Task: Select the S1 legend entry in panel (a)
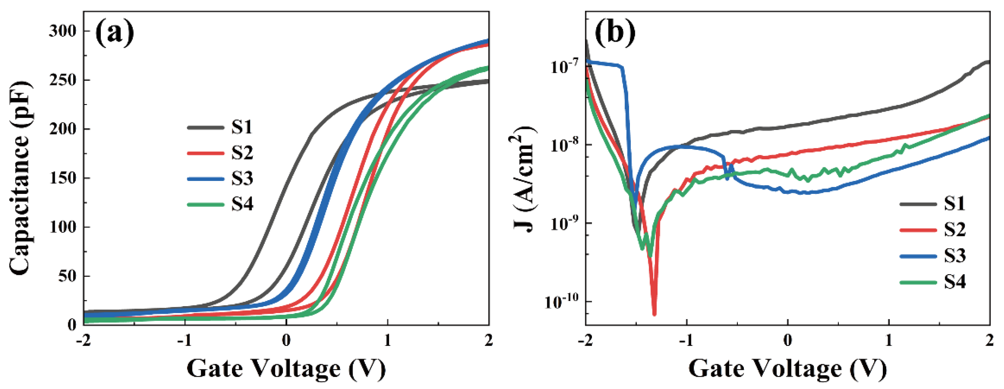point(220,127)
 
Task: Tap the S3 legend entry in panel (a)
point(220,178)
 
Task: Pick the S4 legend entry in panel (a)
point(220,204)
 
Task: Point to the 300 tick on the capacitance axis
point(63,31)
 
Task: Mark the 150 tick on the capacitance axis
point(63,178)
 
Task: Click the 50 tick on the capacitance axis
point(67,276)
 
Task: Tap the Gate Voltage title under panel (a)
point(286,368)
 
